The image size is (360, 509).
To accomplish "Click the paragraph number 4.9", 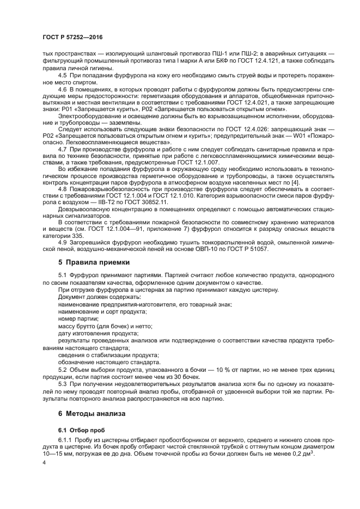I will [63, 242].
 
